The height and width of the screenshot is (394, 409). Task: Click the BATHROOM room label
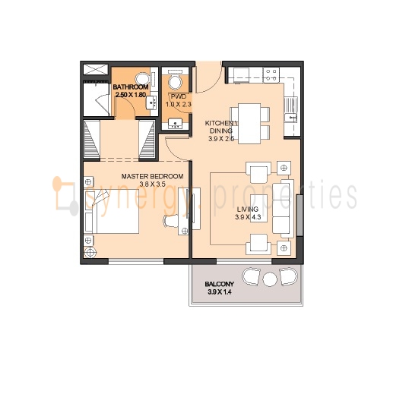131,87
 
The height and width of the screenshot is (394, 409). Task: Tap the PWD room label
179,97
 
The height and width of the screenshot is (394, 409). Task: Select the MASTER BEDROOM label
152,176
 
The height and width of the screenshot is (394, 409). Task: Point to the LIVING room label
248,209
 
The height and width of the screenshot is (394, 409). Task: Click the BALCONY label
220,284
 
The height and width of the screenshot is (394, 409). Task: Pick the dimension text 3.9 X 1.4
220,292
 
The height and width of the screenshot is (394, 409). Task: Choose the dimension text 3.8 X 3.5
152,184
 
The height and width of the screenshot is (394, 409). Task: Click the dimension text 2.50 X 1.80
131,95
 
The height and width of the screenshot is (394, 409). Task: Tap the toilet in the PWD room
176,80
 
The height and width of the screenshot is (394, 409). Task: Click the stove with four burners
271,75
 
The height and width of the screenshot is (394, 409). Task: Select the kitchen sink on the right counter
290,109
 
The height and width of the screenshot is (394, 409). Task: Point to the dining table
249,124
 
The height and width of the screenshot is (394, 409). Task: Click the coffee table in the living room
258,208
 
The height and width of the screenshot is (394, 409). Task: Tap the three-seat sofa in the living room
283,208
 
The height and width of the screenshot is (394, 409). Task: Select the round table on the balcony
270,279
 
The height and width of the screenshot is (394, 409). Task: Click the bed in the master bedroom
112,212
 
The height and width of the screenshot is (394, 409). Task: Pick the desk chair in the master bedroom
171,222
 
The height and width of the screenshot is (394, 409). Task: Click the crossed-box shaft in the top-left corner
95,70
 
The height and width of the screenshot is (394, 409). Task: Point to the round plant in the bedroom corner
90,252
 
